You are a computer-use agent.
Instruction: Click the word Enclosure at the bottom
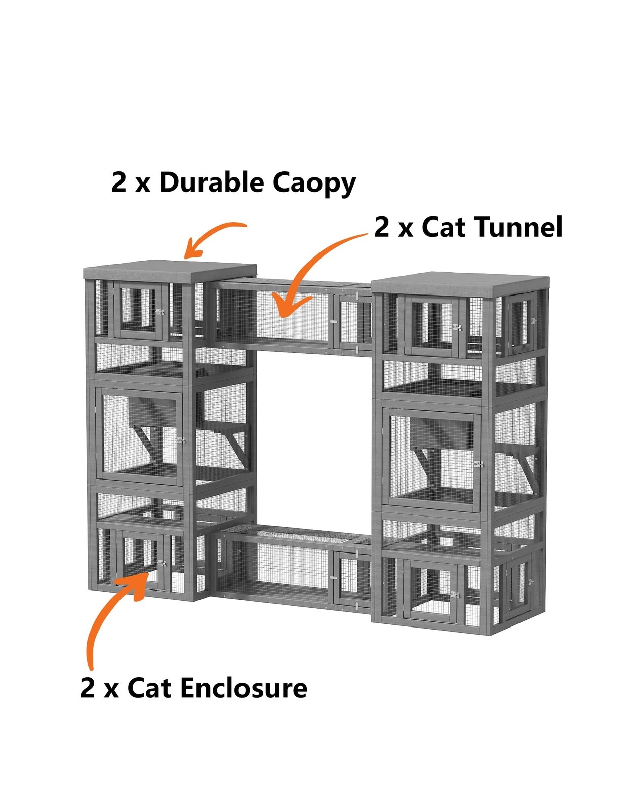pyautogui.click(x=243, y=688)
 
